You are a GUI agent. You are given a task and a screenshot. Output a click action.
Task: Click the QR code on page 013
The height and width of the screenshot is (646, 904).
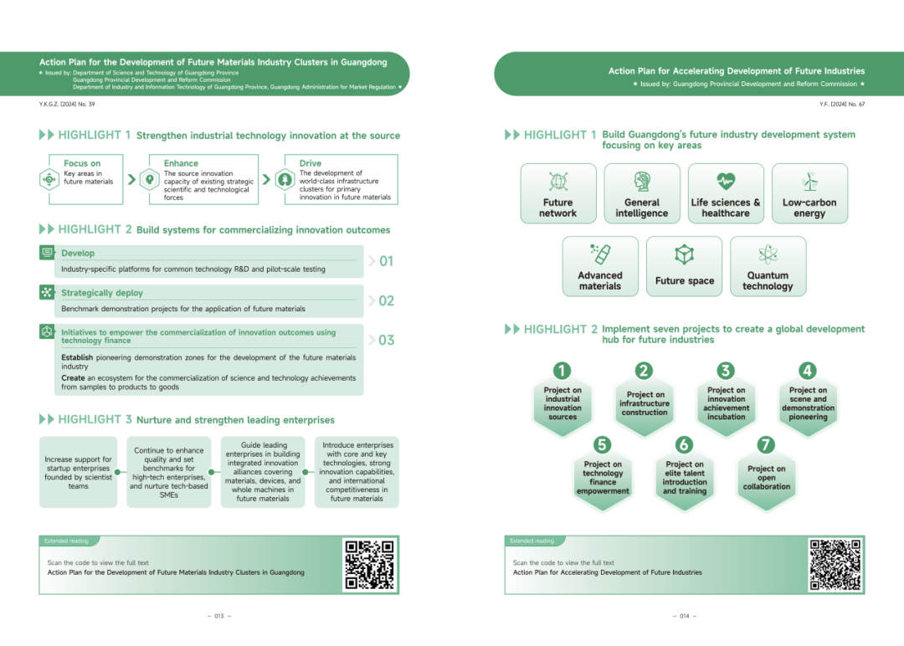pyautogui.click(x=369, y=565)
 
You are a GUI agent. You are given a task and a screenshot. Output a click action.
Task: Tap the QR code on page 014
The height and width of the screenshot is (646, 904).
pyautogui.click(x=835, y=565)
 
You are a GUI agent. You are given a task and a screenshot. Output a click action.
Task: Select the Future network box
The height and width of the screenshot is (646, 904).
pyautogui.click(x=558, y=193)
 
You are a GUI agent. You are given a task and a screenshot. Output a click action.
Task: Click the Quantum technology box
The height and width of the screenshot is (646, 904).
pyautogui.click(x=768, y=266)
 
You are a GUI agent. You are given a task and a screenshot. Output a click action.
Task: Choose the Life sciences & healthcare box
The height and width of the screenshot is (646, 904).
pyautogui.click(x=726, y=193)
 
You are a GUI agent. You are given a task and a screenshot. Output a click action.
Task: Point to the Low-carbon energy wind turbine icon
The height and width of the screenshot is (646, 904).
pyautogui.click(x=809, y=182)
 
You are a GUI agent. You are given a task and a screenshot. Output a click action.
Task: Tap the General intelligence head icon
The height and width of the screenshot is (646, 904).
pyautogui.click(x=642, y=182)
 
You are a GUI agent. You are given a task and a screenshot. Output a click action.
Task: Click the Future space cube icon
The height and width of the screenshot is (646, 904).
pyautogui.click(x=684, y=254)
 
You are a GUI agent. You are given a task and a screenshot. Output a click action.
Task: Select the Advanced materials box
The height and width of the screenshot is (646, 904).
pyautogui.click(x=600, y=266)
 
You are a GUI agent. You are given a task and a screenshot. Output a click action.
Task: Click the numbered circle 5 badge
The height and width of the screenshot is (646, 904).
pyautogui.click(x=602, y=444)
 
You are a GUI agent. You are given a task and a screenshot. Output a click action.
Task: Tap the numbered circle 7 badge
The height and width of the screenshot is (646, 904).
pyautogui.click(x=766, y=444)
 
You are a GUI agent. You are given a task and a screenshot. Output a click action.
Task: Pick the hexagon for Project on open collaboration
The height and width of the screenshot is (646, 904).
pyautogui.click(x=766, y=478)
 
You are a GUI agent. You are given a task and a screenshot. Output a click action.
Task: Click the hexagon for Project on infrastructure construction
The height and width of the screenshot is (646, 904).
pyautogui.click(x=645, y=403)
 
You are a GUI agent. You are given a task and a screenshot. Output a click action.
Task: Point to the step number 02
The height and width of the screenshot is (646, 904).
pyautogui.click(x=386, y=301)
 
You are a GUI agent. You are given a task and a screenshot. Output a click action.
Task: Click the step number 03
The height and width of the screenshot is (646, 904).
pyautogui.click(x=386, y=341)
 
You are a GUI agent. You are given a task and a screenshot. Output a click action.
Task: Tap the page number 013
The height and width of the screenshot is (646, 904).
pyautogui.click(x=219, y=616)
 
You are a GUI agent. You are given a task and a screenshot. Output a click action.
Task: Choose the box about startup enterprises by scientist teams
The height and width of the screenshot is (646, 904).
pyautogui.click(x=78, y=472)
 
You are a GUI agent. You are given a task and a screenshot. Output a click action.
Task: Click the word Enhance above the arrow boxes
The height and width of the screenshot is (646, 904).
pyautogui.click(x=181, y=163)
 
